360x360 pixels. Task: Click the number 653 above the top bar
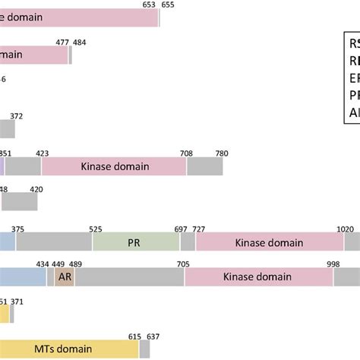tap(150, 5)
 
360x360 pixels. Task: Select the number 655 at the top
tap(168, 5)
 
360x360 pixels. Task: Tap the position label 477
tap(64, 42)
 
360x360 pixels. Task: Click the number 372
tap(17, 115)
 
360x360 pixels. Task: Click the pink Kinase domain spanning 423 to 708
tap(114, 166)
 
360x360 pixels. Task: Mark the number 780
tap(222, 153)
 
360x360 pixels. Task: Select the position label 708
tap(186, 153)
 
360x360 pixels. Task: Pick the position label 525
tap(96, 228)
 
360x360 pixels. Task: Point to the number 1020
tap(346, 228)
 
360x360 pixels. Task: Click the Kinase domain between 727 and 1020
tap(269, 242)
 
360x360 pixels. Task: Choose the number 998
tap(333, 264)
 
